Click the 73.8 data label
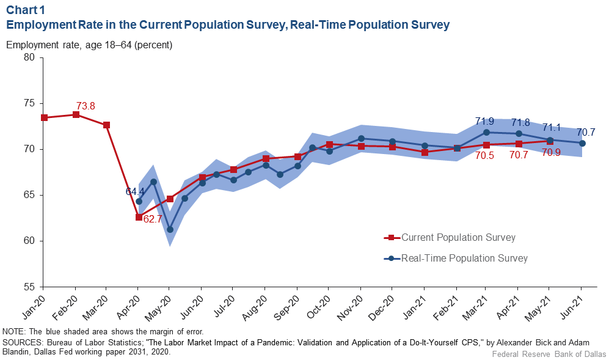point(86,106)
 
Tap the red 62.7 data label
point(153,218)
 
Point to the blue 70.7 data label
point(586,132)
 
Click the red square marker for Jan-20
point(43,117)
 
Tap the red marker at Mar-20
point(106,125)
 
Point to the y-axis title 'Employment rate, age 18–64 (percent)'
point(89,45)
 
